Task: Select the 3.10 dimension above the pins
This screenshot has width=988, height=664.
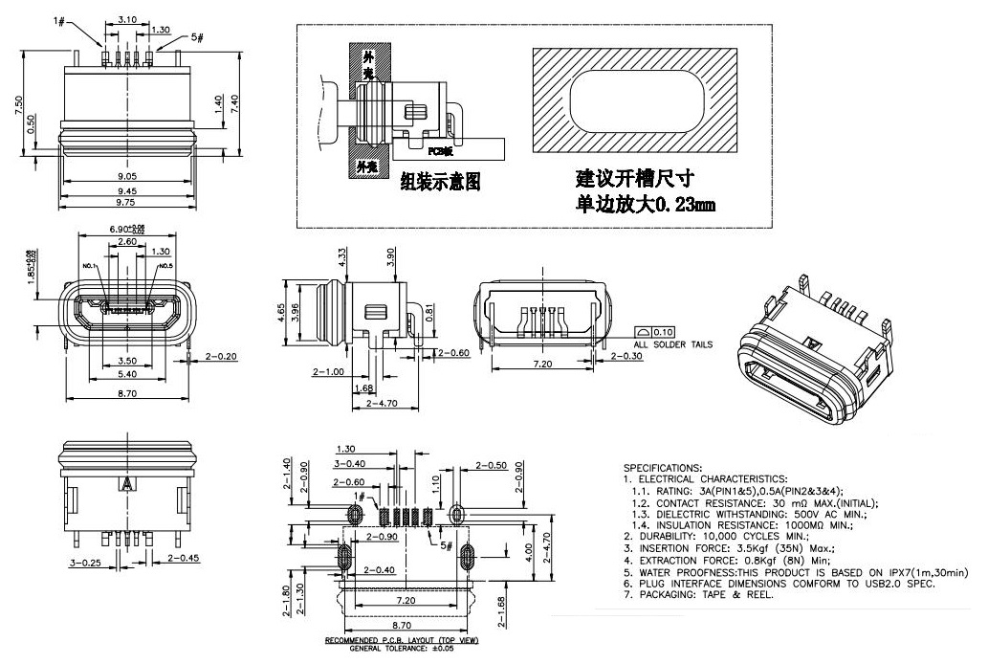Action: (125, 19)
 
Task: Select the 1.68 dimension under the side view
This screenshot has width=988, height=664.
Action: (362, 387)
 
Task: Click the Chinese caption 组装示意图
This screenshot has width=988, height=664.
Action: (439, 182)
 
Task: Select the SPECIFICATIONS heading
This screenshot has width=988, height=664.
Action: (662, 467)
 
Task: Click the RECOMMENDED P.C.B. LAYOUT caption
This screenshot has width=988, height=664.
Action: (401, 639)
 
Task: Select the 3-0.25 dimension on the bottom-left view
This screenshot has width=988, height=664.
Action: (83, 563)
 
